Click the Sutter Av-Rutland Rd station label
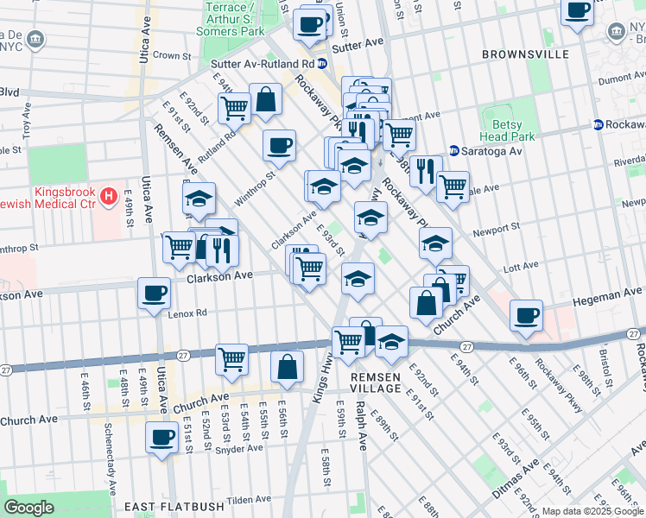269,63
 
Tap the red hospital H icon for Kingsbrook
108,197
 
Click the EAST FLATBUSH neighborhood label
168,506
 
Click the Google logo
28,508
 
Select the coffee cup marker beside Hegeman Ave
526,316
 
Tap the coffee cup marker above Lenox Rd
155,294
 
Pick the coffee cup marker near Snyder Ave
161,438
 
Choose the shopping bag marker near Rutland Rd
266,99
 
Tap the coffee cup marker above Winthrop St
279,146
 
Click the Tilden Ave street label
250,500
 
